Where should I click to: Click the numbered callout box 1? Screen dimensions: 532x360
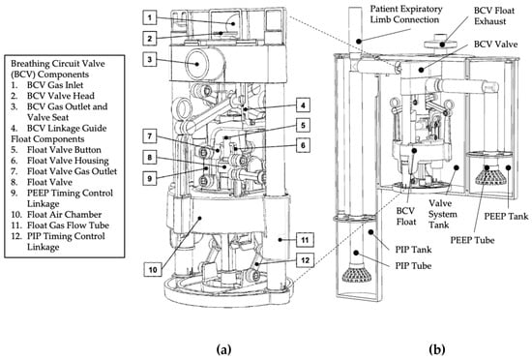[150, 17]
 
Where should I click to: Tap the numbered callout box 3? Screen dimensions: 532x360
[150, 60]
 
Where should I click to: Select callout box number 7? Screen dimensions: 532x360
[150, 136]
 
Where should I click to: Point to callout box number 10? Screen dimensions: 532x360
[153, 269]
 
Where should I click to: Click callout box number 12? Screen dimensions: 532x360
[305, 260]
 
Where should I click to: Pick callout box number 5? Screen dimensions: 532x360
[303, 125]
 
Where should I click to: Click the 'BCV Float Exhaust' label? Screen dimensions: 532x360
[494, 15]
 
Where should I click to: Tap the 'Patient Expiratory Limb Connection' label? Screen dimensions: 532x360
[406, 15]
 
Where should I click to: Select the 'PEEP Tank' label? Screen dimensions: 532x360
[506, 216]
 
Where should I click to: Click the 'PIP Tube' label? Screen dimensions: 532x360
[413, 265]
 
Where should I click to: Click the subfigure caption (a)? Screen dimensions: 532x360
[223, 349]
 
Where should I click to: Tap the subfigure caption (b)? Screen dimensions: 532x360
[436, 349]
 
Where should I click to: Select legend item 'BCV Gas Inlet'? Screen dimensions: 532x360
[47, 85]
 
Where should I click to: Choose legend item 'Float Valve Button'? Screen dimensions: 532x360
[56, 150]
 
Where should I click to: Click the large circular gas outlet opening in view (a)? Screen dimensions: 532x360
[197, 63]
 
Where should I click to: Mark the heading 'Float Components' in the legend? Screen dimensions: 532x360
[47, 138]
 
